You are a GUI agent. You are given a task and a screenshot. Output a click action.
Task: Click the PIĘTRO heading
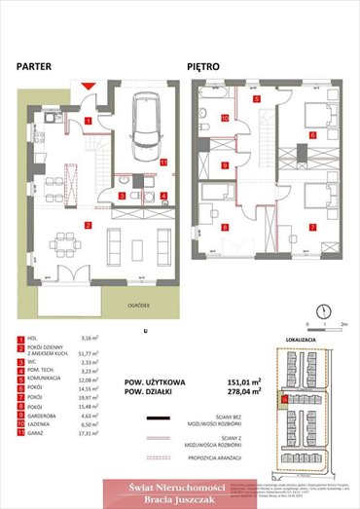pos(205,67)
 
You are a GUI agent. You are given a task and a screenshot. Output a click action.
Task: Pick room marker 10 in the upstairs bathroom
pos(225,119)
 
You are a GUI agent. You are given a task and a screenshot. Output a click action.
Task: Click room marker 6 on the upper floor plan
pos(312,135)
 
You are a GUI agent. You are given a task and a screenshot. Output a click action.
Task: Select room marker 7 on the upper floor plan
pos(312,227)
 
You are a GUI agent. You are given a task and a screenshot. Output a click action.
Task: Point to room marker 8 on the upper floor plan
pos(225,227)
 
